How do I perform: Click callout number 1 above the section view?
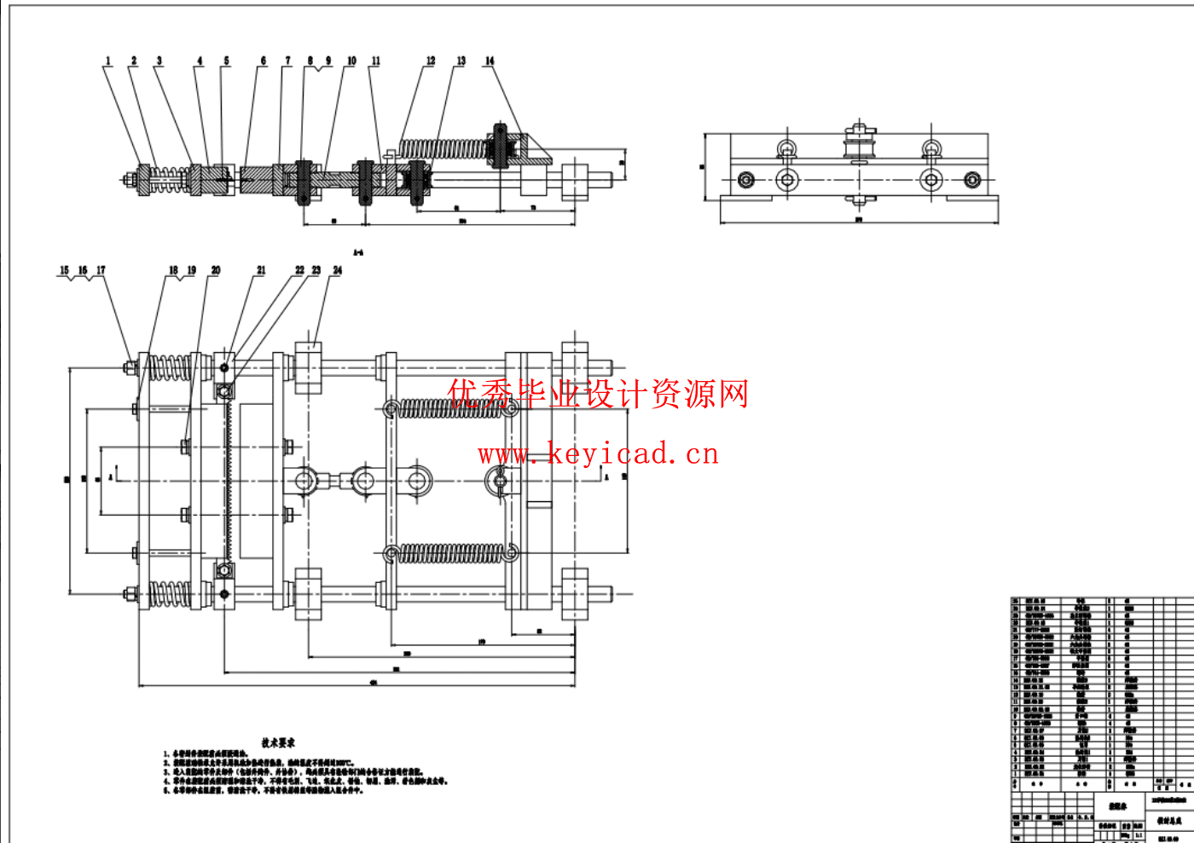tap(108, 61)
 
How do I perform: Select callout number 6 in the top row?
tap(264, 61)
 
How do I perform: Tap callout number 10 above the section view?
tap(351, 61)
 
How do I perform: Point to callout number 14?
tap(490, 61)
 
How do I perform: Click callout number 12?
tap(431, 61)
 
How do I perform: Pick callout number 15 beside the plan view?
tap(65, 271)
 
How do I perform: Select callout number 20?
tap(216, 271)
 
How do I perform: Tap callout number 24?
tap(338, 271)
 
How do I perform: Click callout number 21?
tap(261, 271)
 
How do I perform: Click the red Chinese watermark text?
tap(598, 394)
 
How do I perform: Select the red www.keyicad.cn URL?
tap(598, 453)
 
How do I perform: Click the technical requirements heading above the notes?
tap(278, 743)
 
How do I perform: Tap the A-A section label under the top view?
tap(358, 252)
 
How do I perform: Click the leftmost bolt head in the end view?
tap(746, 180)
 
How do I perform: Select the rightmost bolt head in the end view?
tap(972, 180)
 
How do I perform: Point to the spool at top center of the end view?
tap(860, 146)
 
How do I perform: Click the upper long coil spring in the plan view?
tap(452, 408)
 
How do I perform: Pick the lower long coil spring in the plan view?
tap(452, 554)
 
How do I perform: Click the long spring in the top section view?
tap(443, 150)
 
